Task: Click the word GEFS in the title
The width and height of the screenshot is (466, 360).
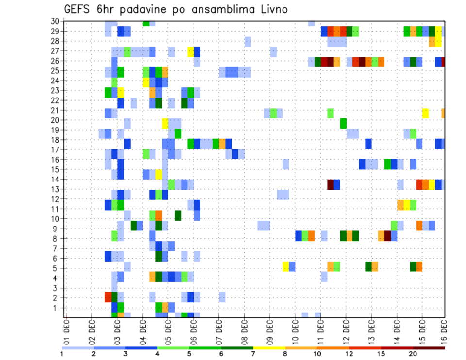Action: point(79,10)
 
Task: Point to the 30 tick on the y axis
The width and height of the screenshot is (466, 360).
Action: point(54,21)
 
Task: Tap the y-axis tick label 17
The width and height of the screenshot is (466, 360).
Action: point(54,149)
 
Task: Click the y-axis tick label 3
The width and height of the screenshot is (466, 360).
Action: point(56,288)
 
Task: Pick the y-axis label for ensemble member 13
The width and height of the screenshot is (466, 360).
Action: point(54,189)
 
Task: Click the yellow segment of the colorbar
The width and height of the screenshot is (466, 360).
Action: point(269,348)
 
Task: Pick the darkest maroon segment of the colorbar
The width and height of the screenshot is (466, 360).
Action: point(429,348)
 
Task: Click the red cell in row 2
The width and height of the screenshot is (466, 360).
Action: point(108,297)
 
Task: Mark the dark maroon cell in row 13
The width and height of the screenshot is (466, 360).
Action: point(331,184)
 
